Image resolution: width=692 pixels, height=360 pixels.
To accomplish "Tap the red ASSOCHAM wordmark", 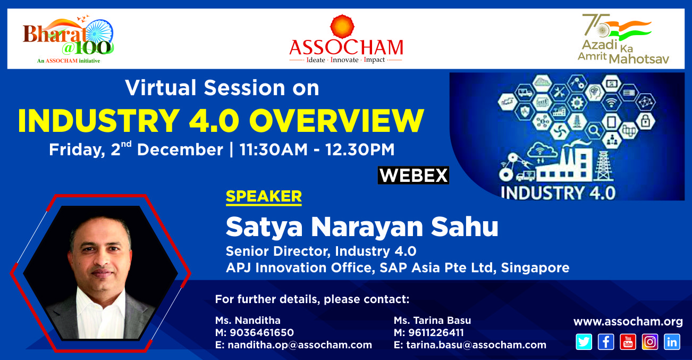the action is coord(346,47).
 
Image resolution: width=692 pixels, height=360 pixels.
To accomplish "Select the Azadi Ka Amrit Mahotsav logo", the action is coord(623,39).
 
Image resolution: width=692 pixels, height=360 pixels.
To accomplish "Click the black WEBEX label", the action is coord(413,175).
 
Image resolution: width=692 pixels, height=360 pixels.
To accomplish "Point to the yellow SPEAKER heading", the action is coord(264,197).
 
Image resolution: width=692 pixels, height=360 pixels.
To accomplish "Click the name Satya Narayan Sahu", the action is coord(362,227).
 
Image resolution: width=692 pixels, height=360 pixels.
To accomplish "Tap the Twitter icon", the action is coord(584,342).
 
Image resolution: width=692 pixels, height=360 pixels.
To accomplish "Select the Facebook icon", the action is coord(606,342).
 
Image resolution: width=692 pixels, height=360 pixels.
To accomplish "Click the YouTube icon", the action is coord(628,342).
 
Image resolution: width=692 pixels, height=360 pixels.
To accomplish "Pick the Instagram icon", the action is coord(650,342).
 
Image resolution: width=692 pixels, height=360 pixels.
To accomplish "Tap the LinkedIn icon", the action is coord(672,342).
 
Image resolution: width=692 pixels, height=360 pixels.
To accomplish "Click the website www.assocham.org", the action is coord(628,322).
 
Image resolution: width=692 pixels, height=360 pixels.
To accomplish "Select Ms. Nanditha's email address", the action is coord(300,345).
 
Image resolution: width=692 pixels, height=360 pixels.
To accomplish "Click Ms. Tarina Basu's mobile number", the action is coord(436,332).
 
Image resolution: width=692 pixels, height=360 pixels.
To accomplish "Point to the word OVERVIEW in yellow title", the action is coord(336,121).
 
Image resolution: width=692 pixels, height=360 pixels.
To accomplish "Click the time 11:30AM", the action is coord(274,149).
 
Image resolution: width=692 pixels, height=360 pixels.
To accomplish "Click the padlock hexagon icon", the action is coord(645,121).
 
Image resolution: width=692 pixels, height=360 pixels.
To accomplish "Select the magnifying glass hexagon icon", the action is coord(594,130).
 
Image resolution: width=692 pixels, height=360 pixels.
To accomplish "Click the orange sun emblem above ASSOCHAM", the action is coord(342,27).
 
